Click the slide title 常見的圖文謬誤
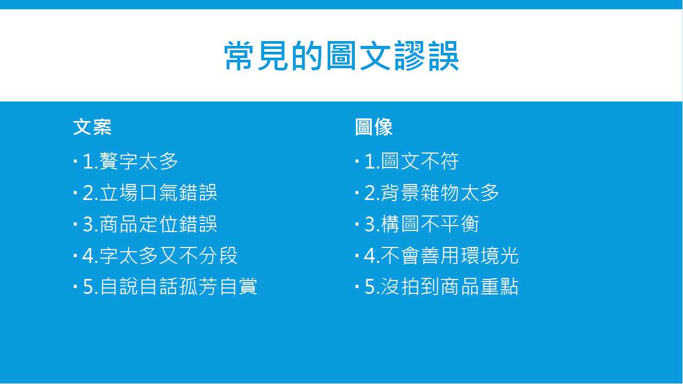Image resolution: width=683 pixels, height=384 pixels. click(341, 56)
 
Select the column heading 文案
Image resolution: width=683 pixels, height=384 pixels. click(92, 127)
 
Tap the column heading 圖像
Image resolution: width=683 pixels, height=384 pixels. click(374, 127)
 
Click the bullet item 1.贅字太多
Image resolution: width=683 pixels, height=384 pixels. click(130, 161)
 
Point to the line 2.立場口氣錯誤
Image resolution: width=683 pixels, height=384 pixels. click(150, 193)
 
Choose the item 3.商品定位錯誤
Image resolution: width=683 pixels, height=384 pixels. click(150, 224)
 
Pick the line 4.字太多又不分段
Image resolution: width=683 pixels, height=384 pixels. click(160, 255)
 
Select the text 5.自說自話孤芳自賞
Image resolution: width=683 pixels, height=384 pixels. click(170, 287)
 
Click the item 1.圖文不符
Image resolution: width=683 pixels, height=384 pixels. click(411, 161)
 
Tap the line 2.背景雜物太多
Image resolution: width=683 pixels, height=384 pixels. click(432, 193)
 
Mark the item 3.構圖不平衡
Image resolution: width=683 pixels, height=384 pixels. click(422, 224)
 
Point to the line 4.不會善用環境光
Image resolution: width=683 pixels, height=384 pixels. click(441, 255)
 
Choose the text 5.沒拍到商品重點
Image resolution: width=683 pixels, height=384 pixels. click(441, 287)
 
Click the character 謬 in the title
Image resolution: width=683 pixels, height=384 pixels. click(409, 56)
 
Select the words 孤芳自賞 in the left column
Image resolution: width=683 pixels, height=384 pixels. click(218, 287)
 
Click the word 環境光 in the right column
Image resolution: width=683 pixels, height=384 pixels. click(490, 255)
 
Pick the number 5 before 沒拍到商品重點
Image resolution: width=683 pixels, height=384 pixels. click(369, 287)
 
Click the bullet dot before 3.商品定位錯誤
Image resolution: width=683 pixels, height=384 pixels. click(75, 224)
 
